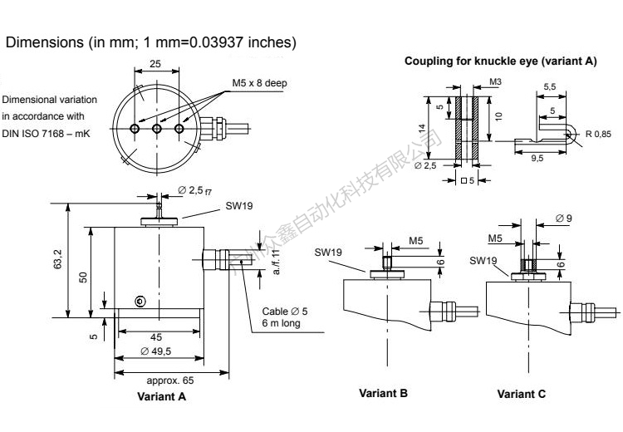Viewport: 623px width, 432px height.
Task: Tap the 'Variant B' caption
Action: coord(383,393)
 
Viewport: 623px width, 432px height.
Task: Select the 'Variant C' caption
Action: coord(522,394)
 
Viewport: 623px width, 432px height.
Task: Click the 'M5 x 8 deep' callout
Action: coord(259,84)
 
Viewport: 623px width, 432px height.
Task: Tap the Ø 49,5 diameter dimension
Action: coord(156,352)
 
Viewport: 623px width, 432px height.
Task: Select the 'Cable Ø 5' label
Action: coord(285,311)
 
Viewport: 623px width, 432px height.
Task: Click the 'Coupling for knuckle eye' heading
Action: coord(500,61)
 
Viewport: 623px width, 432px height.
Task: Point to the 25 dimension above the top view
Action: coord(155,63)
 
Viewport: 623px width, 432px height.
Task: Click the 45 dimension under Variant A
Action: coord(155,336)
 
